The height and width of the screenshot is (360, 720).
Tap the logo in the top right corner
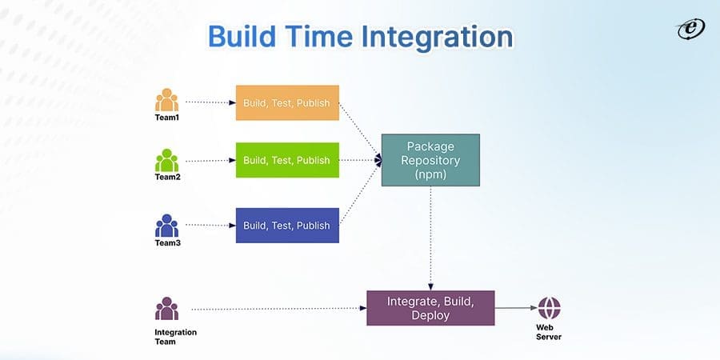(x=690, y=29)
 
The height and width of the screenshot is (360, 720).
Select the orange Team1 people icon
(x=167, y=101)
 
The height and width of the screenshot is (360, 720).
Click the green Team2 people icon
(x=167, y=160)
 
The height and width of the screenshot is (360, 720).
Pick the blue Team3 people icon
(x=167, y=226)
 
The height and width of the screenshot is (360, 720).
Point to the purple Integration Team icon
(x=167, y=309)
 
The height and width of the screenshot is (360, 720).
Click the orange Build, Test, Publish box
(x=287, y=103)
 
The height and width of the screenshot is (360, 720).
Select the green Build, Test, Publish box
(x=287, y=160)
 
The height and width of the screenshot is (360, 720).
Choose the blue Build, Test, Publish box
(x=287, y=226)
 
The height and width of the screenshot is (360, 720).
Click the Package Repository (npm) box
(x=430, y=160)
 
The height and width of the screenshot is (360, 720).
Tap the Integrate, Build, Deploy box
(x=430, y=308)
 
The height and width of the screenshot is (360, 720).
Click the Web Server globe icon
(x=549, y=308)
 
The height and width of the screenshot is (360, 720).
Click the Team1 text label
(x=167, y=117)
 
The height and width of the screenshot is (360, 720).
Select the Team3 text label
(x=167, y=242)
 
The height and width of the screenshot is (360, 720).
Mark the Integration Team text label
(x=175, y=337)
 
